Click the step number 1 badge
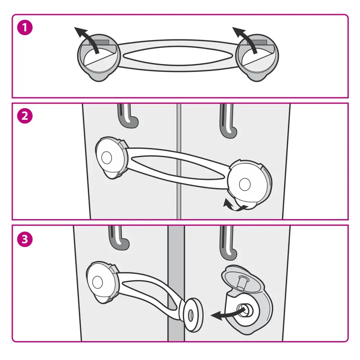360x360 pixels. tap(25, 28)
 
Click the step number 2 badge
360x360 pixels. tap(25, 116)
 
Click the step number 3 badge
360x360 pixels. tap(25, 239)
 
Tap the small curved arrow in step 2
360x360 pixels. tap(234, 206)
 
